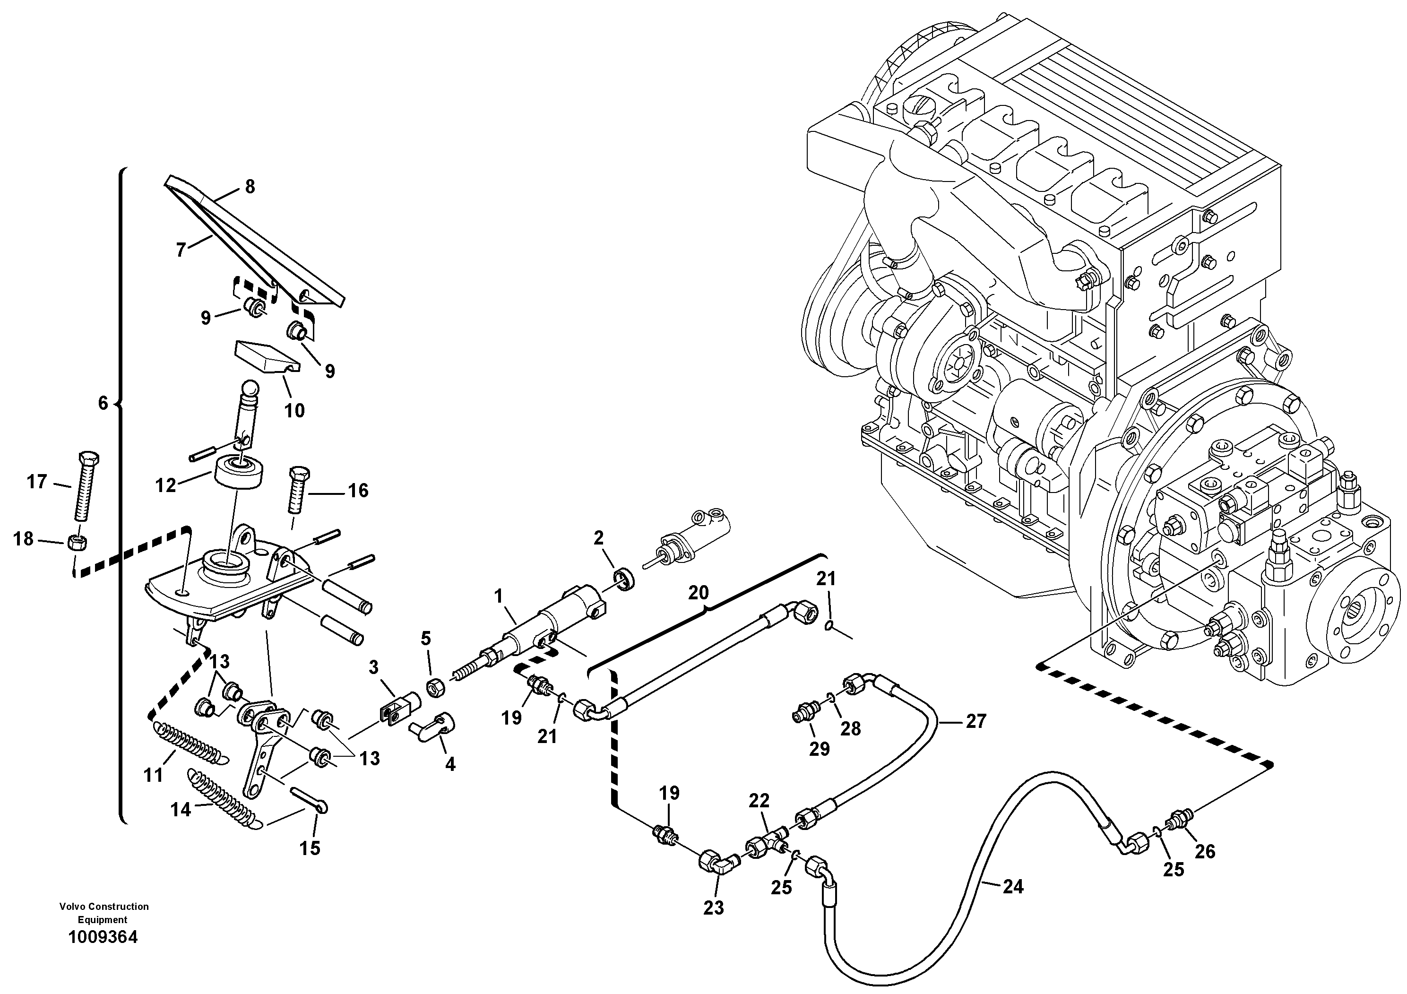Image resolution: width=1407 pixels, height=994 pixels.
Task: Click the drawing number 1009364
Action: pyautogui.click(x=103, y=937)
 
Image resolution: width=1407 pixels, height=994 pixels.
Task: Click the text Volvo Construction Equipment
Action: pyautogui.click(x=104, y=913)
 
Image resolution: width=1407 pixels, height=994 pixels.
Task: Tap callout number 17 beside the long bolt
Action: pyautogui.click(x=37, y=482)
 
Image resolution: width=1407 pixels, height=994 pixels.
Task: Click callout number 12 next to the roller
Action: pyautogui.click(x=165, y=485)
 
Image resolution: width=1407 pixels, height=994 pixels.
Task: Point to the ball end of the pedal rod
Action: pyautogui.click(x=251, y=388)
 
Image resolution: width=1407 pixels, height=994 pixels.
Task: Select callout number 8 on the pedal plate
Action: pyautogui.click(x=250, y=186)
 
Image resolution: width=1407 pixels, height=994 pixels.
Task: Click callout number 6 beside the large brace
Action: pyautogui.click(x=103, y=403)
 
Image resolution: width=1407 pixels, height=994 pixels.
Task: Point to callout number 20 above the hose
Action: pyautogui.click(x=698, y=593)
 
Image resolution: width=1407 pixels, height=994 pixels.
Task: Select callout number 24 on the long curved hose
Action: pyautogui.click(x=1012, y=886)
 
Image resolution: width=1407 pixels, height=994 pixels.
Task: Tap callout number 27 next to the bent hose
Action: pyautogui.click(x=975, y=721)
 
